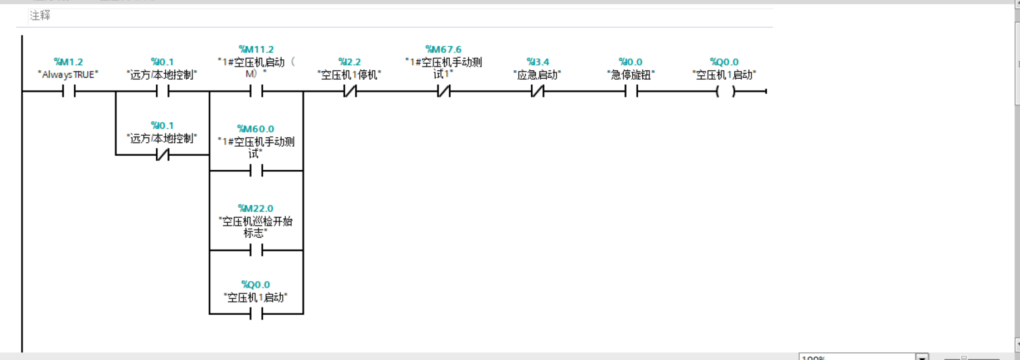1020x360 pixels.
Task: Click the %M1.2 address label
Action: click(68, 62)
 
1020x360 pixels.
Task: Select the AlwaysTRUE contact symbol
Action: click(69, 91)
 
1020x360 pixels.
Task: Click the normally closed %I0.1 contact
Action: click(162, 155)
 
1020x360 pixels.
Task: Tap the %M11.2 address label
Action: click(256, 50)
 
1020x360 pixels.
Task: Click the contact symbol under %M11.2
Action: click(256, 91)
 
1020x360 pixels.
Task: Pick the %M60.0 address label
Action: click(256, 129)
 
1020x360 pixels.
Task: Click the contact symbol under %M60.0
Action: click(256, 171)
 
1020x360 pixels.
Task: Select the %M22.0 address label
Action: click(256, 209)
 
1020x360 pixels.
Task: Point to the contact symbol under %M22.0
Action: click(256, 251)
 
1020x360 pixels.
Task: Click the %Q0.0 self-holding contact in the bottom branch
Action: click(256, 314)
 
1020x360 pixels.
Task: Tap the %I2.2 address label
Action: click(350, 62)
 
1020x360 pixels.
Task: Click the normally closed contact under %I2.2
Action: click(350, 91)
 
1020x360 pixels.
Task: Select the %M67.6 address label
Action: click(444, 50)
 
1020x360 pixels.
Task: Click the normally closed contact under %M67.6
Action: click(444, 91)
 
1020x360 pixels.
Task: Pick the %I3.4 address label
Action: click(537, 62)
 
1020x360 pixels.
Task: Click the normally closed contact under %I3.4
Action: click(537, 91)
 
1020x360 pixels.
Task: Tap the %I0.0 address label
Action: click(631, 62)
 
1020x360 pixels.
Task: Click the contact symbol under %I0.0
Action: click(631, 91)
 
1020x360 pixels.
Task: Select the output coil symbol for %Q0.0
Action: click(725, 91)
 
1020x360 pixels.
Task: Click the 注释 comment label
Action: click(40, 16)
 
